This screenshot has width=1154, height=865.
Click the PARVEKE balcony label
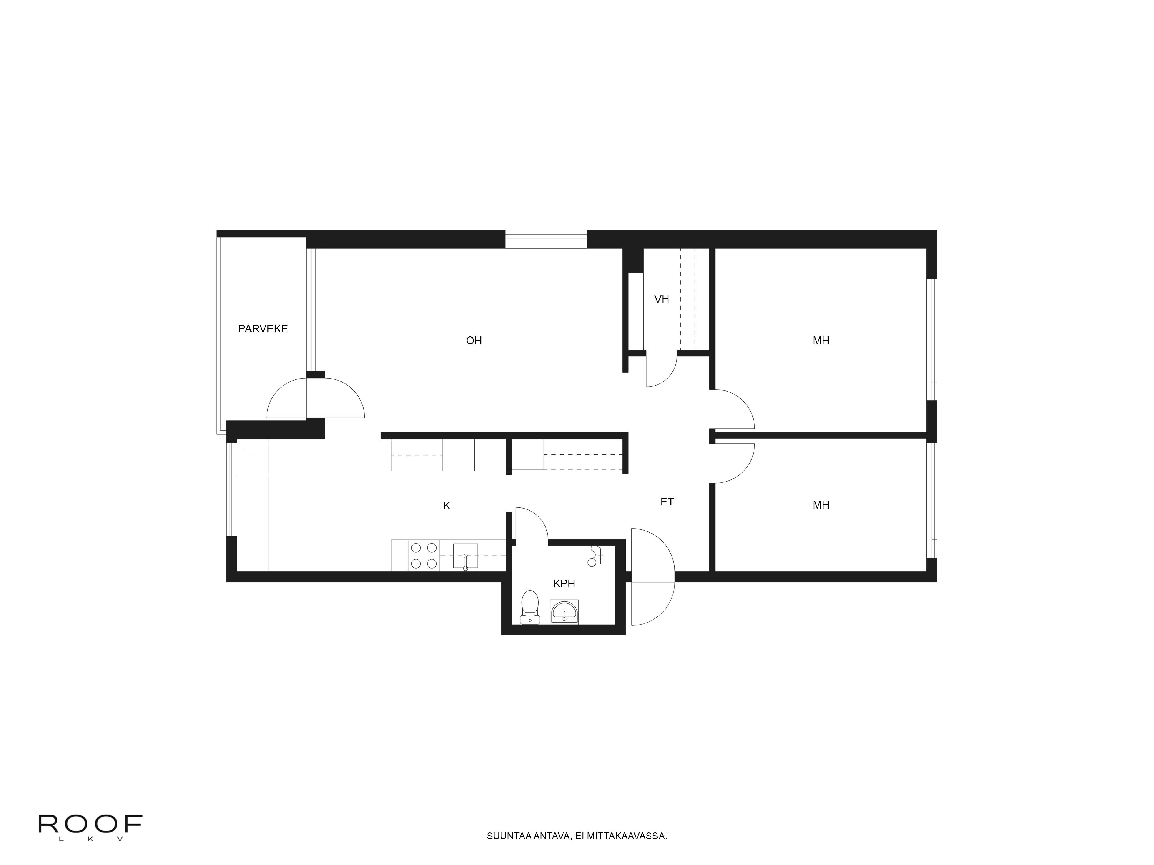click(263, 329)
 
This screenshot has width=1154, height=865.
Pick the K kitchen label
click(447, 506)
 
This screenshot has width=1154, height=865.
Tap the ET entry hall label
click(667, 502)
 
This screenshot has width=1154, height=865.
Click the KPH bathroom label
click(564, 584)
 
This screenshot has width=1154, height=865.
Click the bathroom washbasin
click(565, 612)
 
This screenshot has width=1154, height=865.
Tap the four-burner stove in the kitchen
click(424, 556)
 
